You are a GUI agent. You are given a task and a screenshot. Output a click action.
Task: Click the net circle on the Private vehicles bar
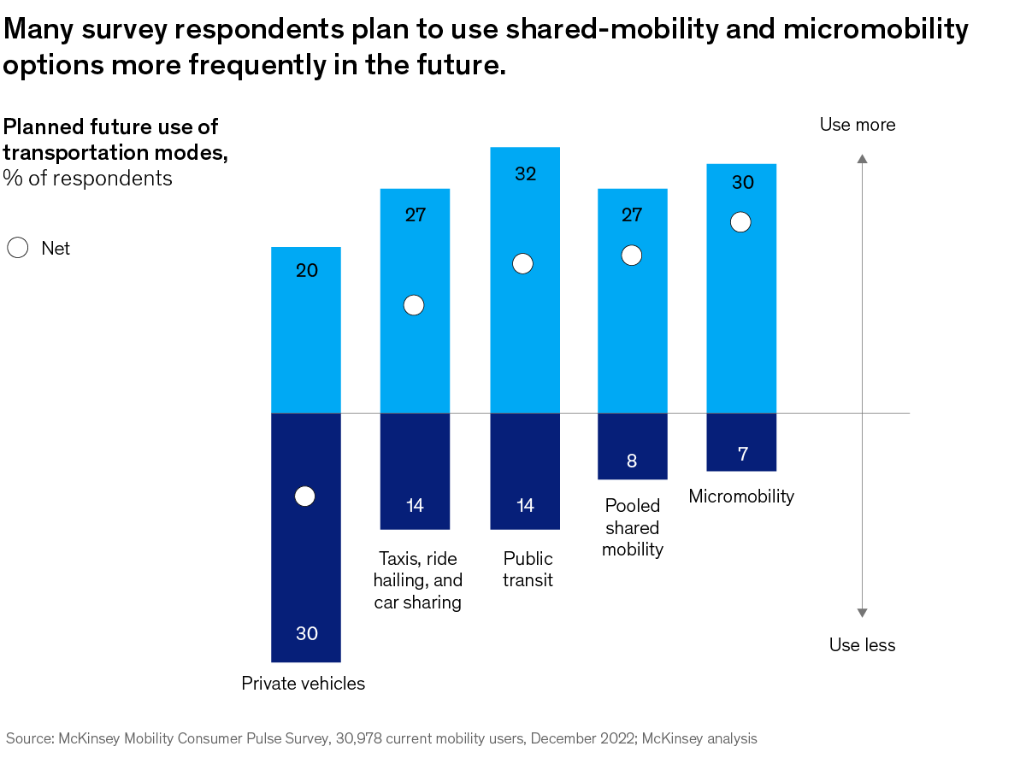[305, 497]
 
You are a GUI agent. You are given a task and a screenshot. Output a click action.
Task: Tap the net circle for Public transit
[523, 264]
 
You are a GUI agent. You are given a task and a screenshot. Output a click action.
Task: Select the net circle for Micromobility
[741, 222]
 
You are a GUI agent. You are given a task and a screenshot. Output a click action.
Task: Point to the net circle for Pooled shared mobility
[632, 256]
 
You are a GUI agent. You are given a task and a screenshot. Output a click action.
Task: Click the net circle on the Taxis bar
[414, 306]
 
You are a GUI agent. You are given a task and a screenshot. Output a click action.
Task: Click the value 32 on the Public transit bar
[525, 173]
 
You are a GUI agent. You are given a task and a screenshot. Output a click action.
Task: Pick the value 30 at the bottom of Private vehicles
[307, 633]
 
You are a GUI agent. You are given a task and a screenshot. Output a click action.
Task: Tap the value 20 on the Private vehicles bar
[307, 271]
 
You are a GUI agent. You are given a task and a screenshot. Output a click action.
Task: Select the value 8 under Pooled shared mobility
[632, 461]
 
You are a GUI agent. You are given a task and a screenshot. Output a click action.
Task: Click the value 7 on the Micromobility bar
[742, 454]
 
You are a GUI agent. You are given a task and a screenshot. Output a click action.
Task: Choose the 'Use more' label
[858, 125]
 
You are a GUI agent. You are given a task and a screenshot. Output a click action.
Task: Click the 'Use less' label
[862, 645]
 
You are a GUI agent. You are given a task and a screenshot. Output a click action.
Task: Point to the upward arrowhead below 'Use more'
[863, 159]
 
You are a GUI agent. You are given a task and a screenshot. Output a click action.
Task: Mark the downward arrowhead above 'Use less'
[863, 612]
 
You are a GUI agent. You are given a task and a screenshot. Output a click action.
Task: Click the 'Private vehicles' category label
[304, 684]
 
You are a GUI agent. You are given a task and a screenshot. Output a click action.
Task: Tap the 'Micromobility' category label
[741, 497]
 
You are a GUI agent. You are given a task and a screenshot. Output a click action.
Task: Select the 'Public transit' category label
[528, 569]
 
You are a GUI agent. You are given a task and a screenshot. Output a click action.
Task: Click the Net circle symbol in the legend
[18, 249]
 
